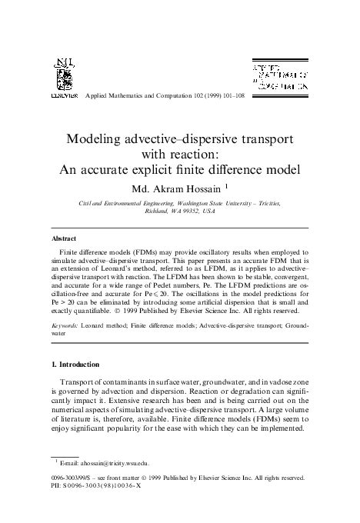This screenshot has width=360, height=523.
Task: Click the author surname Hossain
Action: pyautogui.click(x=206, y=187)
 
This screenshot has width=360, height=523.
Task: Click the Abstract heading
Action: pyautogui.click(x=64, y=238)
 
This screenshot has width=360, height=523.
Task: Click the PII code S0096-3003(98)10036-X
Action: pyautogui.click(x=105, y=487)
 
